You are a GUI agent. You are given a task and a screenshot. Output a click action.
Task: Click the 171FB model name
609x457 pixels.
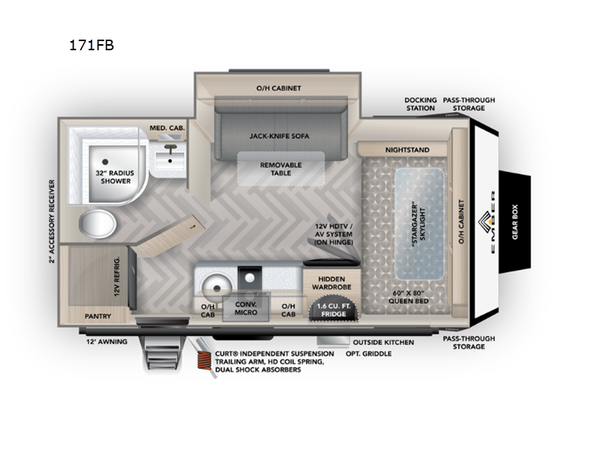click(x=91, y=45)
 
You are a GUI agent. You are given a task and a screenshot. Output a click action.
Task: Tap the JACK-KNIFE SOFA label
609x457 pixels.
click(x=279, y=136)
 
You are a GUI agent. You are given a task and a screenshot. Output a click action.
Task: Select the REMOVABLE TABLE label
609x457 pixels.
click(x=281, y=169)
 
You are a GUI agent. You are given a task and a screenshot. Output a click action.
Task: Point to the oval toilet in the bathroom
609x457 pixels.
click(x=98, y=225)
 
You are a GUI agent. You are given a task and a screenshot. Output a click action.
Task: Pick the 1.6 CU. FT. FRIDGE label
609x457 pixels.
click(x=333, y=308)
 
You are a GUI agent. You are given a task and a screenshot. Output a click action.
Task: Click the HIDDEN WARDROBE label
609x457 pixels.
click(x=333, y=284)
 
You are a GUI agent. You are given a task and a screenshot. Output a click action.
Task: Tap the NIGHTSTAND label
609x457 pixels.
click(x=406, y=150)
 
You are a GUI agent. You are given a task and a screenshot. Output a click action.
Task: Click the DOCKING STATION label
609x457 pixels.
click(x=420, y=104)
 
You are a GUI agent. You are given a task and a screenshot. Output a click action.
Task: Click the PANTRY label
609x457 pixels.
click(x=98, y=315)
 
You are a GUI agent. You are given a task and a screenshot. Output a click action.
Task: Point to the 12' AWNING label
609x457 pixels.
click(x=101, y=342)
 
